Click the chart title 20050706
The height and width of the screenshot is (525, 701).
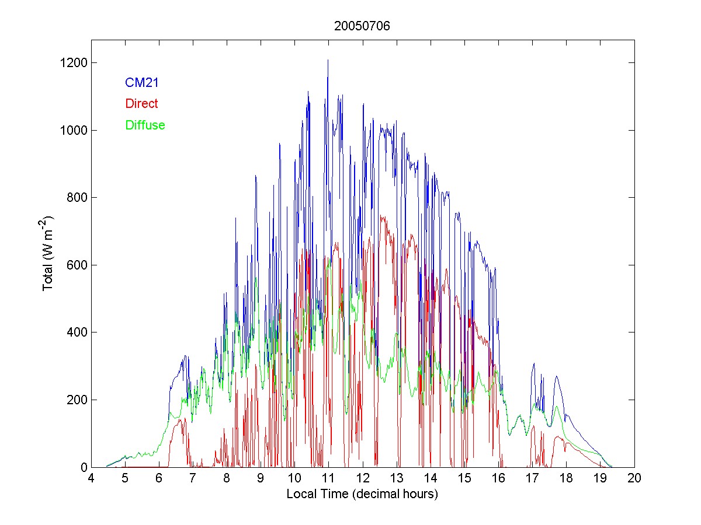click(362, 26)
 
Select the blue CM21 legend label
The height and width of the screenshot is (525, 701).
click(142, 83)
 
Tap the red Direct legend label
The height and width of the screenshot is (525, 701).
click(141, 104)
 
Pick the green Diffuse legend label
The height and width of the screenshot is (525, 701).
click(145, 125)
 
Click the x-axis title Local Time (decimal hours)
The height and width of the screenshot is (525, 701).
click(362, 494)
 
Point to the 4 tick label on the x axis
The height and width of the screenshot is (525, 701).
click(91, 478)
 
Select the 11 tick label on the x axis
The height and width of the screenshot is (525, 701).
click(328, 478)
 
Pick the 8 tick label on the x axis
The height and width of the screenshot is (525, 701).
click(227, 478)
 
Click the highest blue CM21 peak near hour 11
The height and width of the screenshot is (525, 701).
click(328, 61)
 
